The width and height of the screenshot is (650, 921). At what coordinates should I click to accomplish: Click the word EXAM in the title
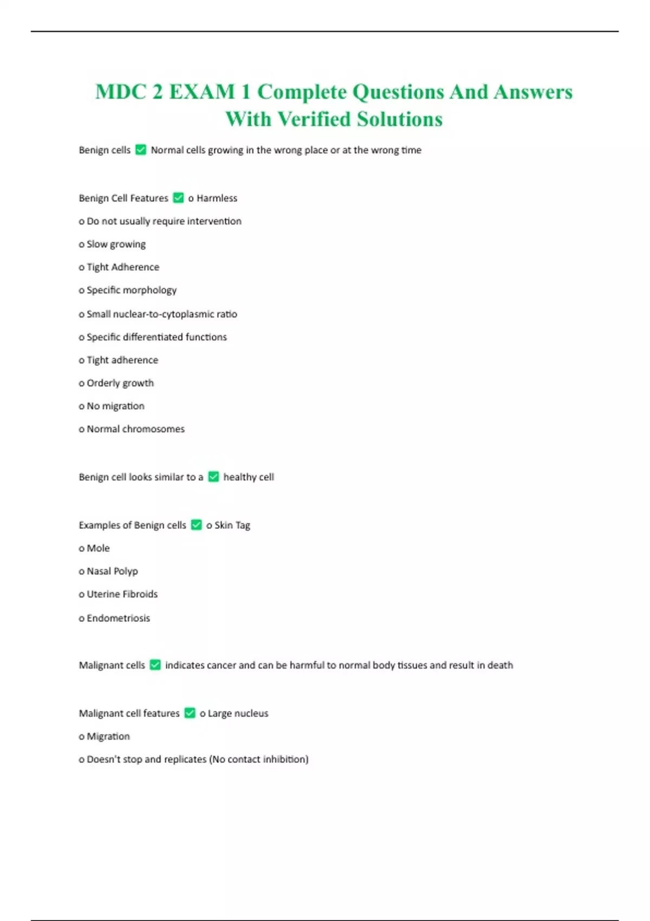click(x=201, y=92)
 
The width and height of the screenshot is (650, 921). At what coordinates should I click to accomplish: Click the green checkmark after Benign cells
click(x=141, y=150)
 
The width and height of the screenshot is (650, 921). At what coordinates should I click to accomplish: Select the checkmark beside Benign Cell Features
click(x=178, y=198)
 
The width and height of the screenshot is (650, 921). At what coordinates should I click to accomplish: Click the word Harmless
click(x=217, y=198)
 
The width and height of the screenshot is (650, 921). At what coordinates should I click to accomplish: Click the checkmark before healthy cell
click(x=213, y=477)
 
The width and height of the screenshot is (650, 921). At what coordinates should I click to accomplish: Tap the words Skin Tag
click(x=232, y=525)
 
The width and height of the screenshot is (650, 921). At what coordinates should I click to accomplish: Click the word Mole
click(x=98, y=548)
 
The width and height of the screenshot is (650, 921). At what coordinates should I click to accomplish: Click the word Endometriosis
click(x=118, y=618)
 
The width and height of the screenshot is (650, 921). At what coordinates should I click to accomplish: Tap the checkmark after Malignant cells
click(x=155, y=665)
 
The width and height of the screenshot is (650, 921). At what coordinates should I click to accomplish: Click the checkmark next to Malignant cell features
click(x=190, y=713)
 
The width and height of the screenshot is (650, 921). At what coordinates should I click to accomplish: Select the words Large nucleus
click(x=238, y=714)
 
